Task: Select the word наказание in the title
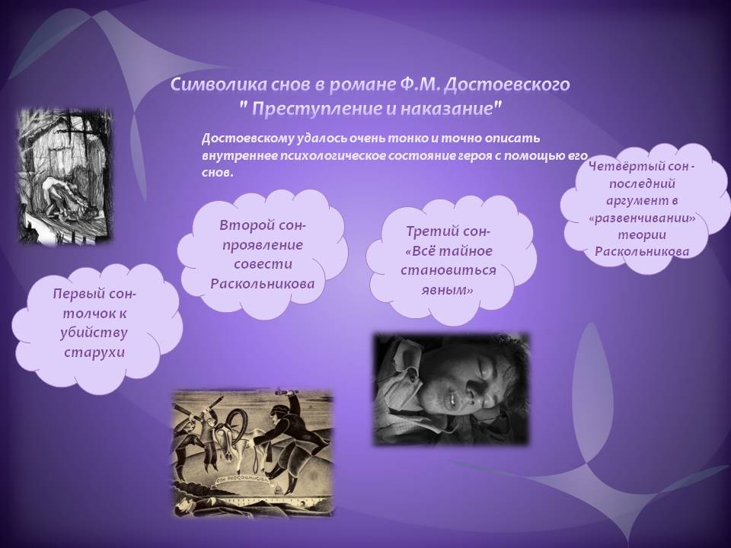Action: tap(449, 109)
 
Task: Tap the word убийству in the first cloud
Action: tap(94, 333)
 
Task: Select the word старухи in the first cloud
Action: tap(94, 352)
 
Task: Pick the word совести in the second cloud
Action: tap(263, 264)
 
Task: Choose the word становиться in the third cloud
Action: tap(448, 270)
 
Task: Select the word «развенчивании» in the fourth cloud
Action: tap(642, 218)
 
